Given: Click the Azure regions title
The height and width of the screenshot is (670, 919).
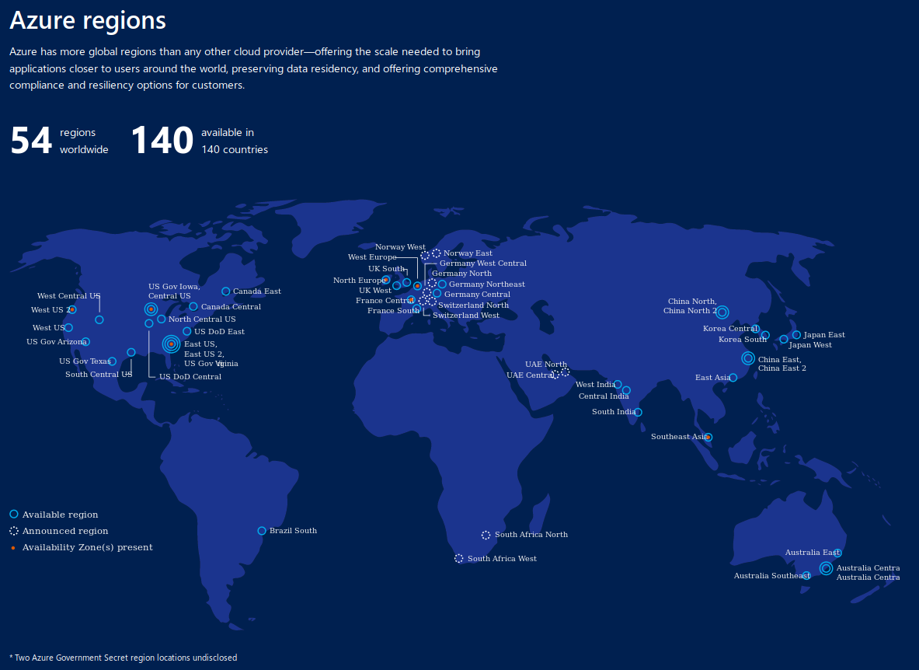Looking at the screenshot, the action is pos(88,21).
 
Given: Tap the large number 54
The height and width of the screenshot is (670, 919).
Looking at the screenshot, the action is pos(31,141).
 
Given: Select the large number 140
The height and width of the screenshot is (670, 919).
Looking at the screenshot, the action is pos(162,141).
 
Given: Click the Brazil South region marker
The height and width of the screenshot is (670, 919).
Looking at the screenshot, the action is pos(262,531).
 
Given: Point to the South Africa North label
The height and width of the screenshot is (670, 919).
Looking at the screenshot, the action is pos(531,535).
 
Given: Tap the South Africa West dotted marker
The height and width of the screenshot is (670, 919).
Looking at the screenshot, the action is pos(459,558).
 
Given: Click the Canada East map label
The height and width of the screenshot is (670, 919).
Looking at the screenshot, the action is pos(257,291).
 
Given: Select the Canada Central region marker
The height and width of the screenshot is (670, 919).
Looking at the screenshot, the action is pos(193,306).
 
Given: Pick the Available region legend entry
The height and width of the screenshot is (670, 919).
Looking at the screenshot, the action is pos(60,515).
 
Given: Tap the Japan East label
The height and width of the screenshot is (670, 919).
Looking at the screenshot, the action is pos(824,335).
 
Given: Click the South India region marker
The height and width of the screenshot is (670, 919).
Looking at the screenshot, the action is pos(639,412).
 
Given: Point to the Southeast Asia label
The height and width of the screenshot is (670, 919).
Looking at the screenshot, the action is pos(679,437).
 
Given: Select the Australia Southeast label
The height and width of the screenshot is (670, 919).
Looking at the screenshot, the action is pos(771,576).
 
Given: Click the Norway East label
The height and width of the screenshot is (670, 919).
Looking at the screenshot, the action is pos(468,253).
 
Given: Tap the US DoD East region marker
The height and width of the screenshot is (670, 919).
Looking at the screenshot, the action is pos(187,331).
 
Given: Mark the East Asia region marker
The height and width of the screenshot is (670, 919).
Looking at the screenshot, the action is pos(733,378).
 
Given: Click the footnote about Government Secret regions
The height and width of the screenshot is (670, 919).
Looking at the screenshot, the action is pos(123,658).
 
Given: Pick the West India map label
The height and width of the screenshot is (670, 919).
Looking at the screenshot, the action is pos(595,385).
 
